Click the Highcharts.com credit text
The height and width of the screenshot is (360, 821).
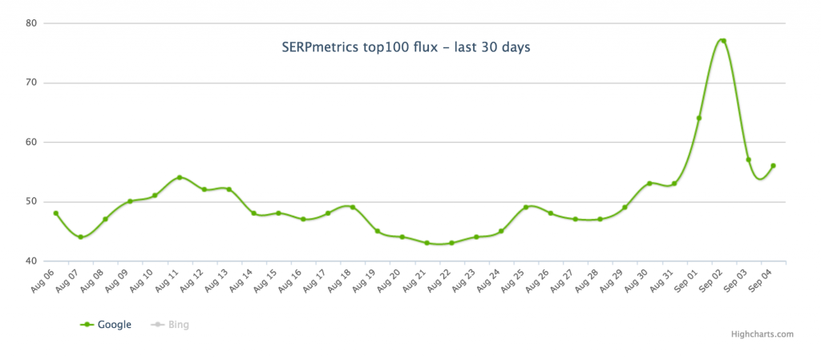tap(762, 334)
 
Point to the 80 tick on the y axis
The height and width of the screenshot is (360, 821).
tap(31, 23)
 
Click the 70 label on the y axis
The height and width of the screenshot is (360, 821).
tap(31, 83)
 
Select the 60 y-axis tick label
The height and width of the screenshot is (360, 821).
tap(31, 142)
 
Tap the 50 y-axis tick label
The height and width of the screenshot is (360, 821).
tap(31, 201)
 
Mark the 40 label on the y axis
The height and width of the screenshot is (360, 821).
tap(31, 261)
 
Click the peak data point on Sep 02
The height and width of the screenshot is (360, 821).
tap(723, 41)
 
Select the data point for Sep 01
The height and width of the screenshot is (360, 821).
tap(699, 118)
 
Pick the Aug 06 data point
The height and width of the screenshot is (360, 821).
tap(56, 213)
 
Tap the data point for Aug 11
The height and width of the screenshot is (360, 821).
tap(180, 177)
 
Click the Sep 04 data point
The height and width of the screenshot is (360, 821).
tap(773, 166)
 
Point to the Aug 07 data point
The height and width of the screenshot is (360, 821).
tap(81, 237)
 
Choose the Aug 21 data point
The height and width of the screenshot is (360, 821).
tap(427, 243)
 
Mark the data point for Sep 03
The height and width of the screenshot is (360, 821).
tap(748, 160)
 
